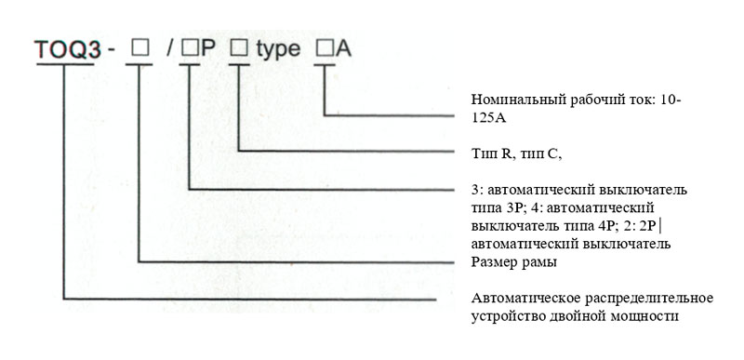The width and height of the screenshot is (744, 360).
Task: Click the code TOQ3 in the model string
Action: tap(67, 50)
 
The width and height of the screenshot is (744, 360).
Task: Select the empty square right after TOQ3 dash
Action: tap(140, 47)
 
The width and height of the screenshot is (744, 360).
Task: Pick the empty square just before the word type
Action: tap(239, 47)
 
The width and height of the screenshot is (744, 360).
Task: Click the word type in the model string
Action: tap(278, 50)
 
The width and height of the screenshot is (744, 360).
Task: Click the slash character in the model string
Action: tap(170, 49)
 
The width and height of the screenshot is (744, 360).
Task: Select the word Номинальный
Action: tap(511, 100)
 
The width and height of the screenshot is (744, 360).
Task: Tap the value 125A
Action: tap(489, 118)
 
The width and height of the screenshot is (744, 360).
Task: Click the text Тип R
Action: tap(490, 154)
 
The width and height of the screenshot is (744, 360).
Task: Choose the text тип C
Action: tap(538, 154)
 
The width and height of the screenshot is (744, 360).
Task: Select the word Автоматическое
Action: tap(525, 300)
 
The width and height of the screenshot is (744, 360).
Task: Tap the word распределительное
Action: tap(648, 300)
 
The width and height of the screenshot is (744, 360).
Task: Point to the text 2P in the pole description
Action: tap(648, 226)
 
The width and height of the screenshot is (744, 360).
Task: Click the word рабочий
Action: tap(584, 100)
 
